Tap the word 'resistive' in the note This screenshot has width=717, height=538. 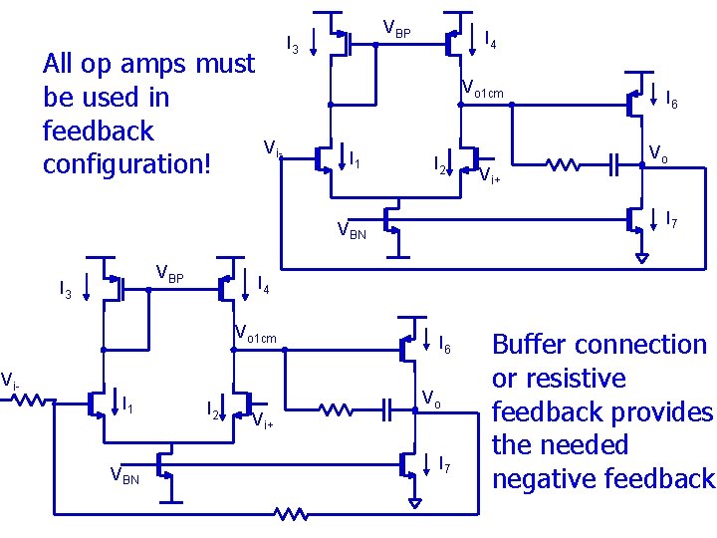pyautogui.click(x=573, y=380)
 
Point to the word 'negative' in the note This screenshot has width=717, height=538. pyautogui.click(x=542, y=478)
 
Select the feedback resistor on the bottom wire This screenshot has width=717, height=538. pyautogui.click(x=291, y=514)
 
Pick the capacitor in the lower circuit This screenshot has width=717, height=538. pyautogui.click(x=387, y=407)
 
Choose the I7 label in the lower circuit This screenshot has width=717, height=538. pyautogui.click(x=446, y=463)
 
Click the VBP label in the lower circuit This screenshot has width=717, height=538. pyautogui.click(x=170, y=275)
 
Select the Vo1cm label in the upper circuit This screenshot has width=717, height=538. pyautogui.click(x=483, y=94)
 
